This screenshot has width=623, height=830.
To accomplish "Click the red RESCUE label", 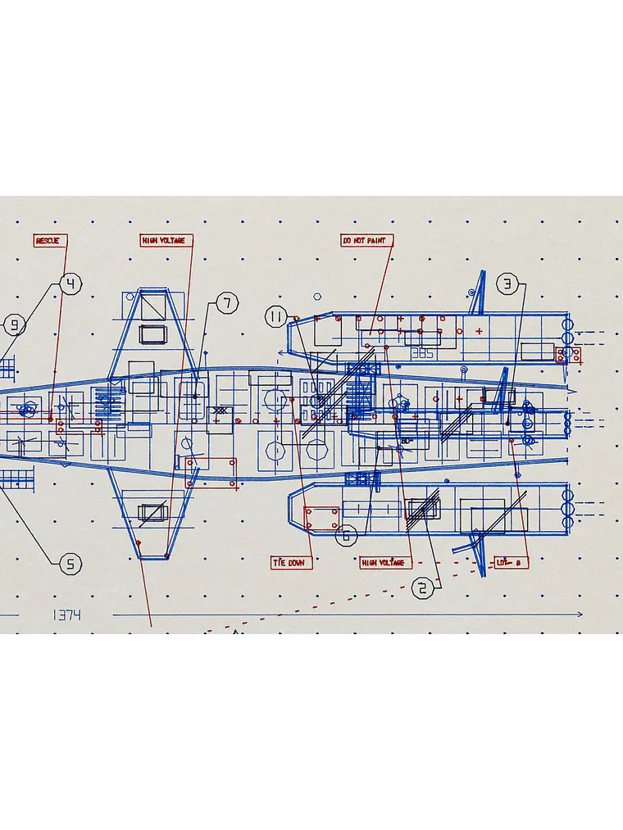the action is tap(48, 241).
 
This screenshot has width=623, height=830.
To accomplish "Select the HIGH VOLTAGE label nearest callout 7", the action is tap(163, 241).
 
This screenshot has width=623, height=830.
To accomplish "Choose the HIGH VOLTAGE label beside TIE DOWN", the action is tap(383, 563).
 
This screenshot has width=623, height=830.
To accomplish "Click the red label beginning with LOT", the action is tap(511, 563).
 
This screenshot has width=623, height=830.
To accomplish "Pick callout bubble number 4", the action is tap(71, 284).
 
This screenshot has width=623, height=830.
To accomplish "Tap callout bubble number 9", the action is tap(14, 325).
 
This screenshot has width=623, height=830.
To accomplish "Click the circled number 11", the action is tap(276, 317).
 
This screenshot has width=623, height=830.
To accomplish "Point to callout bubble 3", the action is tap(507, 284).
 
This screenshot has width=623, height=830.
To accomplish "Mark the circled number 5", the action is tap(71, 564).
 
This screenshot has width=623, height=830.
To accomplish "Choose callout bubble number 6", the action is tap(346, 536).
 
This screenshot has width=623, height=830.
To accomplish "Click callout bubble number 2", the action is tap(423, 588).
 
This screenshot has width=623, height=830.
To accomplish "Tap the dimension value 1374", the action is tap(66, 615).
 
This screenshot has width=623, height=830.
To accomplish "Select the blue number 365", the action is tap(421, 353).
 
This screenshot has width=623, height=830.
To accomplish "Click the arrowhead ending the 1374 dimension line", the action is tap(580, 614).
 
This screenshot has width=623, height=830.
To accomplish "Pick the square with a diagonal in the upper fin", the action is tap(153, 308).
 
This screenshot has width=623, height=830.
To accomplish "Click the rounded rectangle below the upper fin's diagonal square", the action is tap(153, 333).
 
